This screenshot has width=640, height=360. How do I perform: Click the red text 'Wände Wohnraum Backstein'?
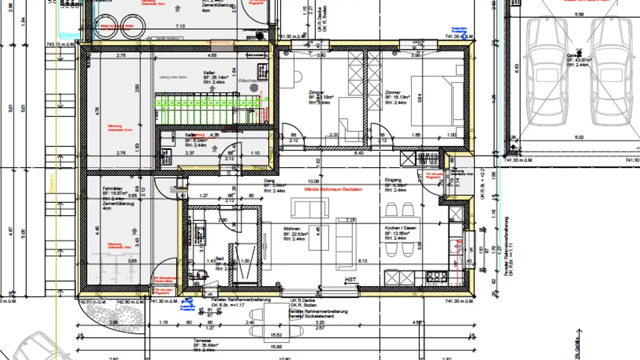(333, 189)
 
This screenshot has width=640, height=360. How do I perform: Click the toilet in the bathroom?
(200, 274)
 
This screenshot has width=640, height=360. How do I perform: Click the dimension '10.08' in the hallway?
(313, 181)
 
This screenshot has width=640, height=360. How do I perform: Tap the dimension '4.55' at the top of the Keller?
(212, 56)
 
